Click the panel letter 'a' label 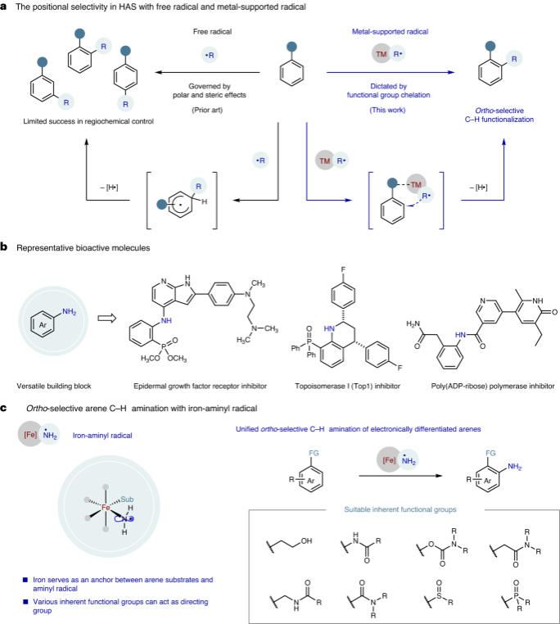point(6,7)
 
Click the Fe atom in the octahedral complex point(106,507)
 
